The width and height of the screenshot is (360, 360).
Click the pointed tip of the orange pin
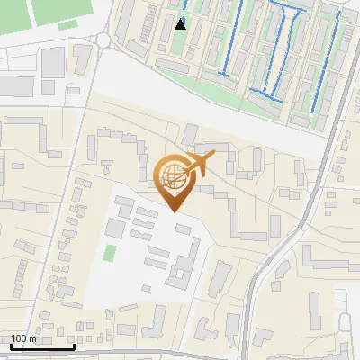(175, 210)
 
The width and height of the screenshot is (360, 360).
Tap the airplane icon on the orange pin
(196, 166)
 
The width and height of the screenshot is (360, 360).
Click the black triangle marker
(181, 23)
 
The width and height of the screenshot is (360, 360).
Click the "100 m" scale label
(24, 339)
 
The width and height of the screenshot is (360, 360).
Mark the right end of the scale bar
(74, 346)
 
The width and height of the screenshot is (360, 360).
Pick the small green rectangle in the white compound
(110, 253)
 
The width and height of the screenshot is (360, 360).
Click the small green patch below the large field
(67, 26)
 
